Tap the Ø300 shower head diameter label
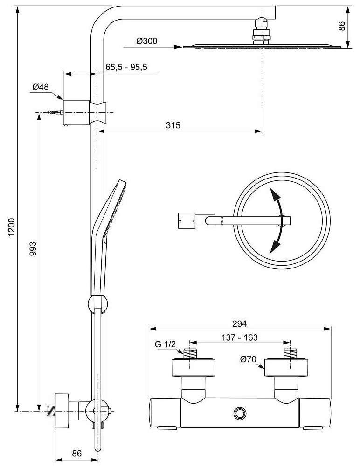[x=147, y=41]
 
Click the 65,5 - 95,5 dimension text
[x=126, y=67]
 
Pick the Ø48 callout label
[x=41, y=87]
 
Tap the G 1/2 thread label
[x=165, y=344]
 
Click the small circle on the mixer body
[x=241, y=413]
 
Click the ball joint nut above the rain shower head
[x=262, y=33]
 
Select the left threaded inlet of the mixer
[x=190, y=353]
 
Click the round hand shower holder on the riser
[x=97, y=304]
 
